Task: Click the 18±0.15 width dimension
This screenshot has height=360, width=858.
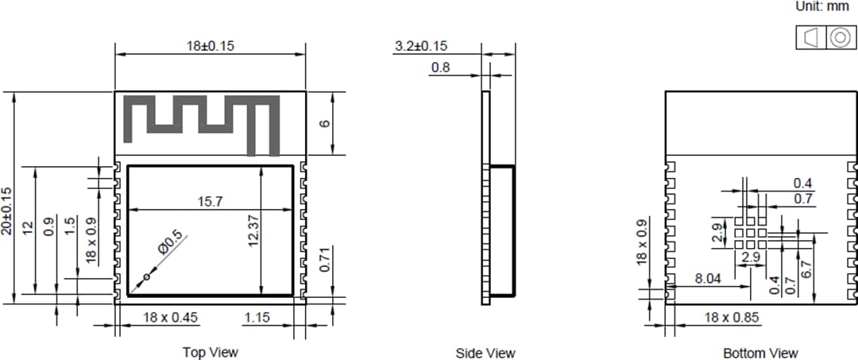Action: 211,46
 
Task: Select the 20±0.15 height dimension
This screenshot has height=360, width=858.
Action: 7,211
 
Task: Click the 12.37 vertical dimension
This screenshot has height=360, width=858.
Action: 253,230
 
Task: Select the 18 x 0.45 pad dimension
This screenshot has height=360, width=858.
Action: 170,318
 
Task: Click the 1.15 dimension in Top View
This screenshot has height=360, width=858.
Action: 256,318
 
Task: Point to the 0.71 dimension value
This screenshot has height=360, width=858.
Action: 324,259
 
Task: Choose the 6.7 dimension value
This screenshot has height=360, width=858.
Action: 807,269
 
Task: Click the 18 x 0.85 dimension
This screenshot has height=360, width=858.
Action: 732,318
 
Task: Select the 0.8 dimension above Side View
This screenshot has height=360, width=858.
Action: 440,68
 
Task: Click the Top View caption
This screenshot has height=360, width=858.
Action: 210,352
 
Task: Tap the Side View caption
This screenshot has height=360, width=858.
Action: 485,353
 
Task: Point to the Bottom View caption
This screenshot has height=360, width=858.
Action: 760,353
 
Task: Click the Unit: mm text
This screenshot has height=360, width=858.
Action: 822,6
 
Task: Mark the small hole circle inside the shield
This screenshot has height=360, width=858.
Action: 146,277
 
